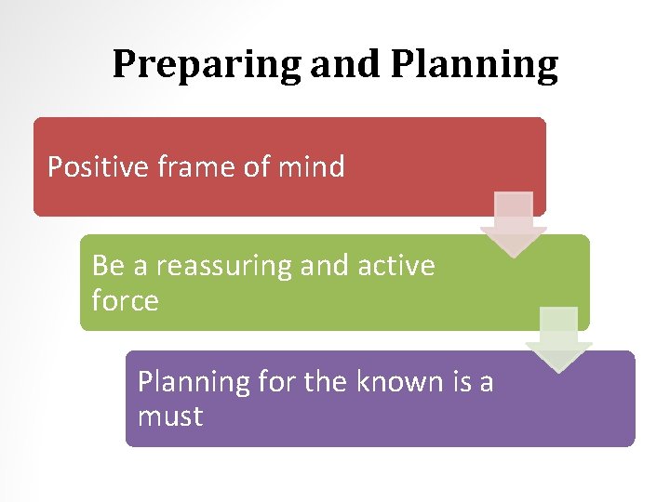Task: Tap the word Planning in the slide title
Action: (x=474, y=65)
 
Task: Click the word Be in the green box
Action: (x=108, y=266)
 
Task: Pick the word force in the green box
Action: (x=125, y=300)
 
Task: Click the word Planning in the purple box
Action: (x=194, y=382)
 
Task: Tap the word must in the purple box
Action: (x=169, y=416)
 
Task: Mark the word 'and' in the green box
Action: (x=324, y=266)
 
